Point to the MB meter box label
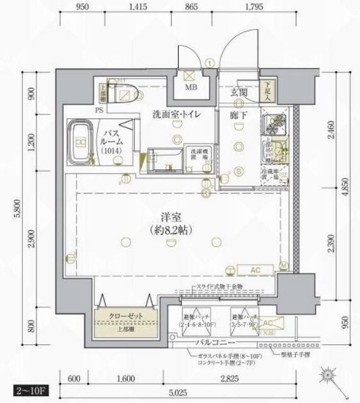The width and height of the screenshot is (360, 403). [x=190, y=88]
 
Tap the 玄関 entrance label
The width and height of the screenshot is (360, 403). [x=238, y=93]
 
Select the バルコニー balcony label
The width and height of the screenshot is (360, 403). [x=215, y=343]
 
